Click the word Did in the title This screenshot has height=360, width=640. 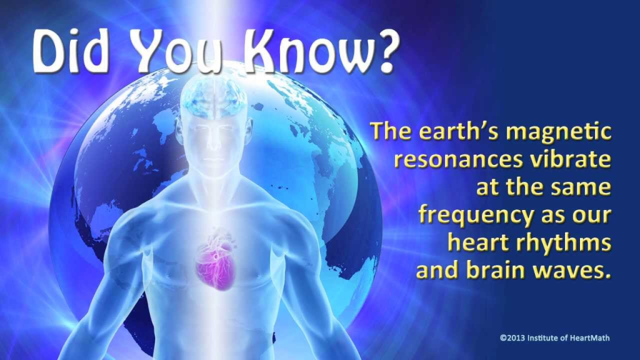coord(71,51)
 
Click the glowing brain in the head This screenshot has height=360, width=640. coord(214,97)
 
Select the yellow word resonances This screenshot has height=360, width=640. coord(458,159)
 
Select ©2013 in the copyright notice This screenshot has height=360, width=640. coord(512,338)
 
